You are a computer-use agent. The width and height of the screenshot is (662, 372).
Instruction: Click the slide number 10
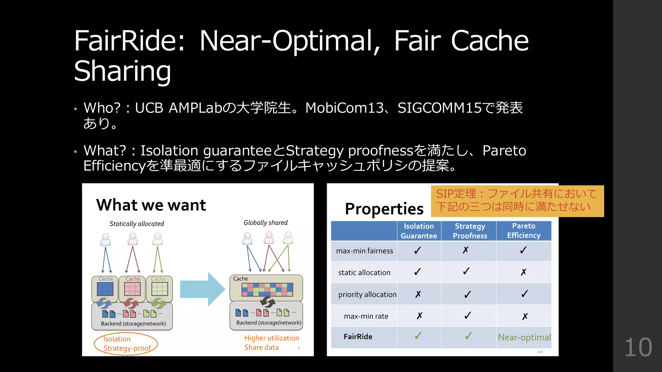[638, 348]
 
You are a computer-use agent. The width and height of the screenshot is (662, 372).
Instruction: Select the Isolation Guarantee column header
[419, 231]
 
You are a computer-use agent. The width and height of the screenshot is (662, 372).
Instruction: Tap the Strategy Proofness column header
[470, 231]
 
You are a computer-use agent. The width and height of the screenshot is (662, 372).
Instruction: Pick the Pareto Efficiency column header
[524, 231]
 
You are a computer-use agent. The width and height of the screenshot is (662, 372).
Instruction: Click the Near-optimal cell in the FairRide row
[524, 337]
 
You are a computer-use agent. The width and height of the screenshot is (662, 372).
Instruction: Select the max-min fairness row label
[364, 251]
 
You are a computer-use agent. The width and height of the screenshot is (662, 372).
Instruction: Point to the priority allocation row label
[367, 294]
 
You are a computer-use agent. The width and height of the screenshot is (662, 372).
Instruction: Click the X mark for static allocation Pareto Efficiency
[524, 272]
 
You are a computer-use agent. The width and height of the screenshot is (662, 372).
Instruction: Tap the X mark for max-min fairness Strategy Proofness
[465, 250]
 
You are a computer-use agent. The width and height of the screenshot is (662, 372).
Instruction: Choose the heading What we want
[151, 205]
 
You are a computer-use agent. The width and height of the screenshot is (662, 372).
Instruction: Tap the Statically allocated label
[137, 224]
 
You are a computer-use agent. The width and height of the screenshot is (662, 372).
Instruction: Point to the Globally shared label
[265, 223]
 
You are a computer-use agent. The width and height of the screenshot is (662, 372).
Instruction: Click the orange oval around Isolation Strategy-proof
[126, 344]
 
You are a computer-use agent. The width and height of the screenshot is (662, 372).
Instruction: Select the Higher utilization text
[272, 338]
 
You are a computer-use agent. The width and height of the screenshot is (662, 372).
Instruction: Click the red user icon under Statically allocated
[133, 239]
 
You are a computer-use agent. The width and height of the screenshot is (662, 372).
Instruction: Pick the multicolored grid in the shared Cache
[267, 290]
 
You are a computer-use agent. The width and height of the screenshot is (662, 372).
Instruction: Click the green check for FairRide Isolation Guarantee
[418, 336]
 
